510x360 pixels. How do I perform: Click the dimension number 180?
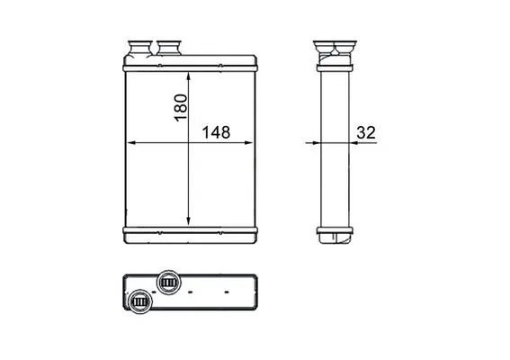coord(180,106)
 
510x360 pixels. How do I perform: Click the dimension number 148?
coord(216,132)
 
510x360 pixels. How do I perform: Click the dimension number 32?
coord(365,132)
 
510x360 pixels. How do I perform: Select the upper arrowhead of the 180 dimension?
coord(188,75)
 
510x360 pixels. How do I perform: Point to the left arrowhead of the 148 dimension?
coord(130,142)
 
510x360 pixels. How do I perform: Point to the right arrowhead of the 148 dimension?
coord(253,142)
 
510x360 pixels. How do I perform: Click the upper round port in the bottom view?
coord(167,283)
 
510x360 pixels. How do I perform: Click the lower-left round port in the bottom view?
coord(139,301)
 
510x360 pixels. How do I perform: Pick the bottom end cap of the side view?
coord(335,239)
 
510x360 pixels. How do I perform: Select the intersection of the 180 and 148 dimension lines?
coord(188,142)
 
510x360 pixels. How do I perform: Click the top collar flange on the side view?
coord(335,60)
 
